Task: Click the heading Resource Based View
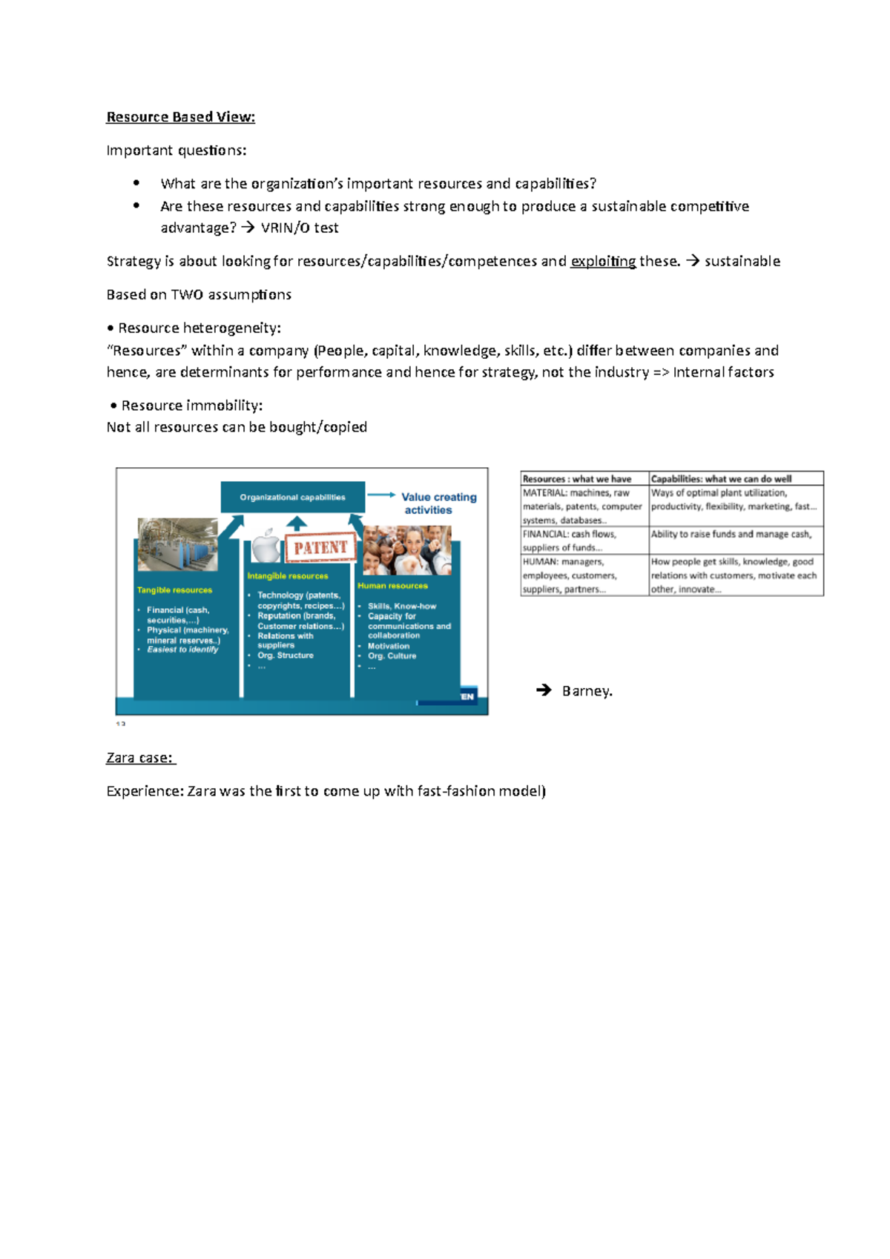click(x=180, y=117)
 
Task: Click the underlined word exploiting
click(x=602, y=262)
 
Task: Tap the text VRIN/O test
click(x=300, y=228)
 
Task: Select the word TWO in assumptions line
click(x=187, y=295)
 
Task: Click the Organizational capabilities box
click(x=292, y=497)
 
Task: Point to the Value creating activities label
click(x=438, y=503)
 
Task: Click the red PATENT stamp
click(x=320, y=548)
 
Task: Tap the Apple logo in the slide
click(x=265, y=546)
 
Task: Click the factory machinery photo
click(x=178, y=544)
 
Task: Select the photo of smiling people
click(x=407, y=550)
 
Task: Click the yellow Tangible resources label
click(x=174, y=590)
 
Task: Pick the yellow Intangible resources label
click(x=287, y=576)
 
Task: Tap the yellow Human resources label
click(x=392, y=586)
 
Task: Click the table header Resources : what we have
click(x=577, y=479)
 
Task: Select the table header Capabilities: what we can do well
click(x=721, y=479)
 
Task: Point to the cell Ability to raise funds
click(x=731, y=534)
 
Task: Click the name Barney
click(x=587, y=691)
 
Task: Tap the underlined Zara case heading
click(x=139, y=758)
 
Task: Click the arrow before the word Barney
click(x=544, y=690)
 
